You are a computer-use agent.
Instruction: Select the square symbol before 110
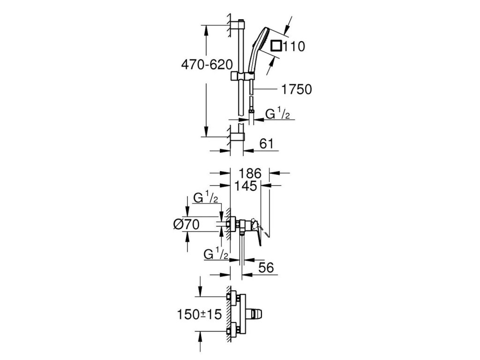click(x=277, y=46)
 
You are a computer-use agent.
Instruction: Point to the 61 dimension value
click(x=265, y=144)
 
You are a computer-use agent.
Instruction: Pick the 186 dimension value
click(x=248, y=172)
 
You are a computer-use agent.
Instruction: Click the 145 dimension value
click(x=247, y=186)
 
